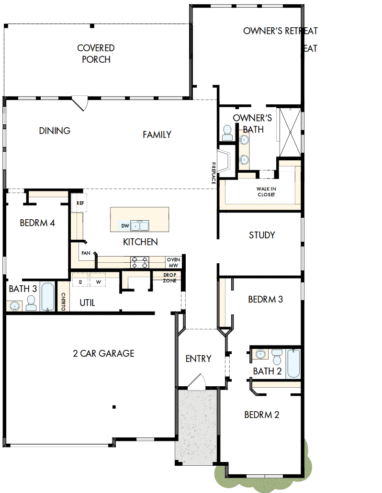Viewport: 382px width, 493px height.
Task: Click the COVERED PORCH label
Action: point(96,54)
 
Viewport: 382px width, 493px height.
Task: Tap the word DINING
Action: point(55,131)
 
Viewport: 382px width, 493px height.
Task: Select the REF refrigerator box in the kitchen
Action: point(79,203)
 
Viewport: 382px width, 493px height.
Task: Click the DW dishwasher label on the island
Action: point(124,225)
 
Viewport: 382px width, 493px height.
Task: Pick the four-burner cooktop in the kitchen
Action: point(140,262)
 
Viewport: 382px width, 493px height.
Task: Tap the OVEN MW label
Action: point(173,262)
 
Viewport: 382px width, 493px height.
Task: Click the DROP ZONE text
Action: point(170,278)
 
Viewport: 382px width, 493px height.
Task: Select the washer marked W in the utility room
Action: point(98,282)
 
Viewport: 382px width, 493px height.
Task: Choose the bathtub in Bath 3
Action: point(48,297)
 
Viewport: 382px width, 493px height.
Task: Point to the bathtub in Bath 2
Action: point(293,364)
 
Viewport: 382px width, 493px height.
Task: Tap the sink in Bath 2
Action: point(260,354)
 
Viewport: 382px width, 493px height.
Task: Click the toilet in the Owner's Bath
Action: point(227,133)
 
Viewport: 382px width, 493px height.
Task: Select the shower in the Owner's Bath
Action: point(289,132)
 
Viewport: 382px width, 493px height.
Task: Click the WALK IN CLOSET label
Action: point(266,191)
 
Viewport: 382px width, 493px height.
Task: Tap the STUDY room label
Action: point(262,235)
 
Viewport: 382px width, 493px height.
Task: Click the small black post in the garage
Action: point(114,407)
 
